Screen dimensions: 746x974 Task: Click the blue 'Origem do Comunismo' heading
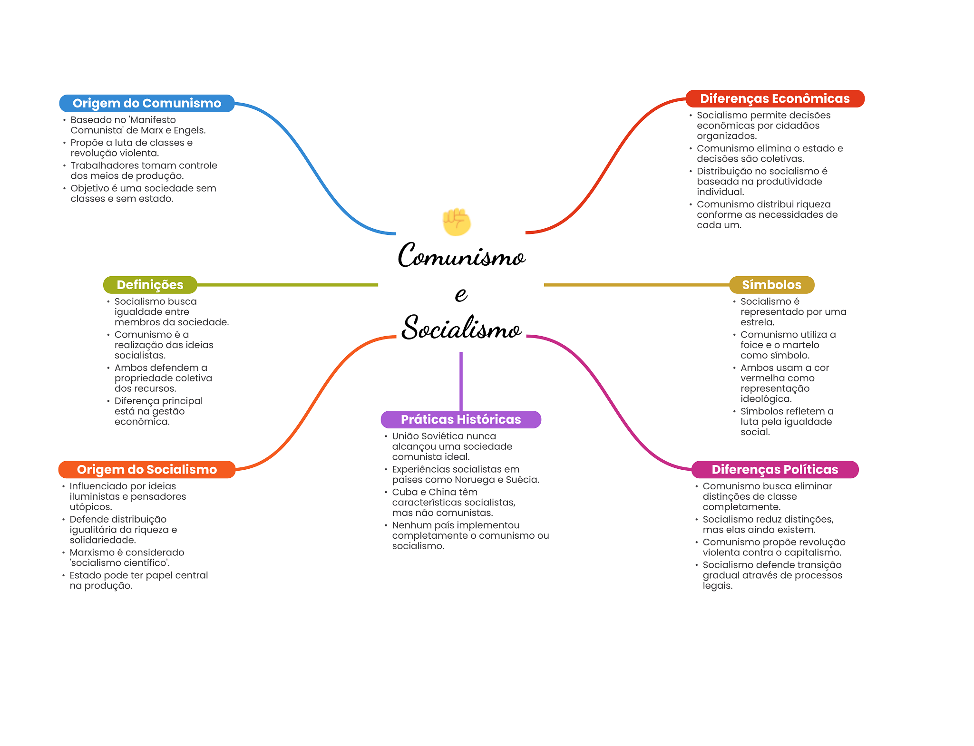coord(146,103)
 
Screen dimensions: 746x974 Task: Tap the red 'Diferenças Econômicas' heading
coord(774,98)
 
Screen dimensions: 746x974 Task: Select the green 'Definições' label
coord(150,285)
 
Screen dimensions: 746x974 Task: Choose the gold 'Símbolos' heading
coord(771,285)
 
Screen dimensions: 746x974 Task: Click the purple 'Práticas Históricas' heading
coord(460,419)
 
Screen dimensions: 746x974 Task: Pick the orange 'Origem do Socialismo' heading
coord(146,469)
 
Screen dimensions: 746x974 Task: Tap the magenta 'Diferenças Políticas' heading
coord(774,469)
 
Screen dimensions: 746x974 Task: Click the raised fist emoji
coord(457,222)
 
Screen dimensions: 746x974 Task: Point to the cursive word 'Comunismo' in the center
coord(461,256)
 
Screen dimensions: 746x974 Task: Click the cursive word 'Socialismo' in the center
coord(461,328)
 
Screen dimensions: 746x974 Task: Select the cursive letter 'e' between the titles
coord(461,294)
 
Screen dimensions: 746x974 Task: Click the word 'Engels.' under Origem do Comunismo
coord(190,130)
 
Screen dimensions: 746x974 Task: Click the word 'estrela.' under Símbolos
coord(757,322)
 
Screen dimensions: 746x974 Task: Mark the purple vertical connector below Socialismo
coord(461,380)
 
